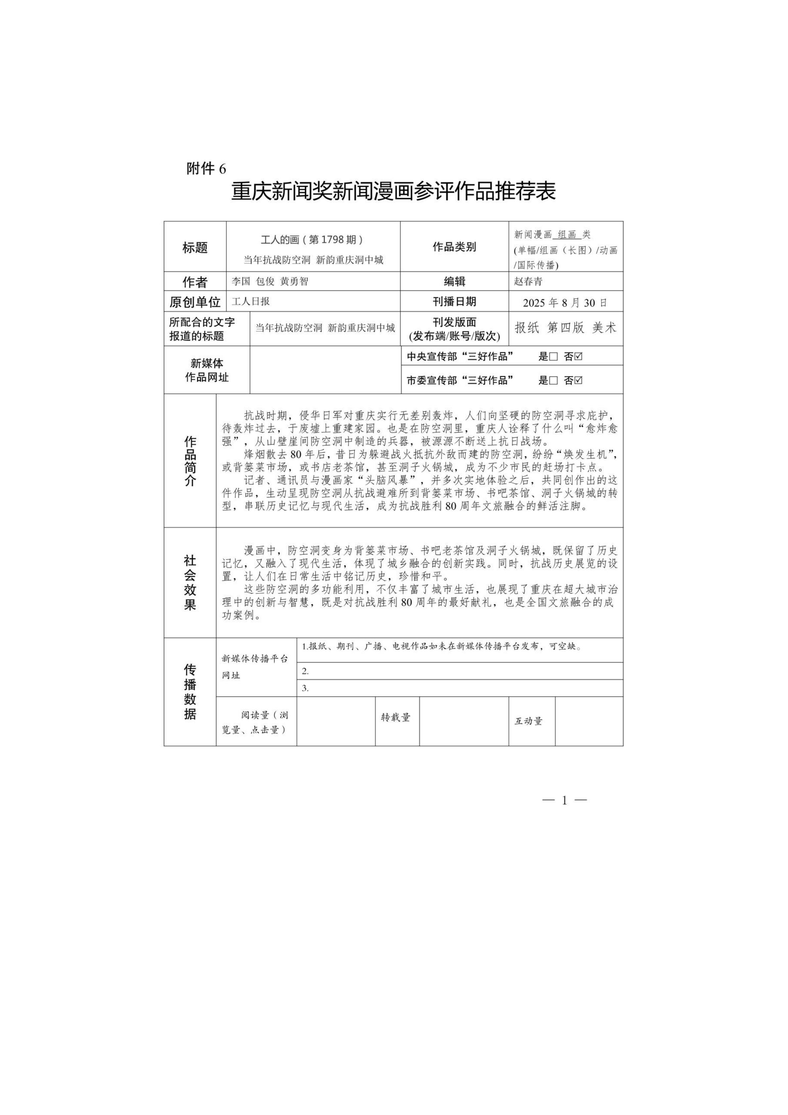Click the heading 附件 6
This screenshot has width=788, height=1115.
point(206,169)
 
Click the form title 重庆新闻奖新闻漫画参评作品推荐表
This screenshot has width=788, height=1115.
point(394,191)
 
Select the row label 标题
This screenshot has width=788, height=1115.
point(195,248)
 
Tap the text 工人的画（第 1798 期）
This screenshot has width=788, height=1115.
point(312,239)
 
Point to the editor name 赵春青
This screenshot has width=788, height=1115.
point(529,281)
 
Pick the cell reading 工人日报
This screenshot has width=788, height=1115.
point(251,301)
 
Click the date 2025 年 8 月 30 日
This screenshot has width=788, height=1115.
point(565,303)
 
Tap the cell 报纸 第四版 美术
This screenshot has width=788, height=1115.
point(565,328)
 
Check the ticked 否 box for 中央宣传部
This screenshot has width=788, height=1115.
point(578,356)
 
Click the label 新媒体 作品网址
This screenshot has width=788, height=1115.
point(207,370)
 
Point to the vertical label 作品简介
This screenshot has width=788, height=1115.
point(190,461)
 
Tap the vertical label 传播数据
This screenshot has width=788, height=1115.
point(190,692)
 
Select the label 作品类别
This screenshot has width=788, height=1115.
point(454,247)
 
